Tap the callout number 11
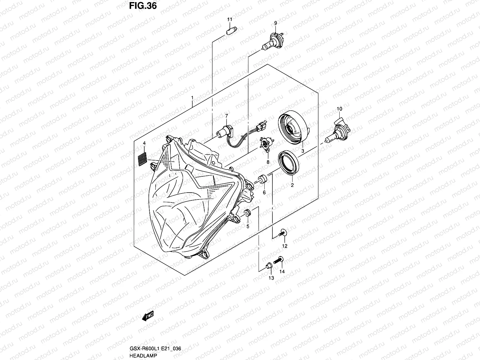tap(229, 19)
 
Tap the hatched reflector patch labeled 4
tap(142, 159)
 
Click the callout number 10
tap(339, 108)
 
